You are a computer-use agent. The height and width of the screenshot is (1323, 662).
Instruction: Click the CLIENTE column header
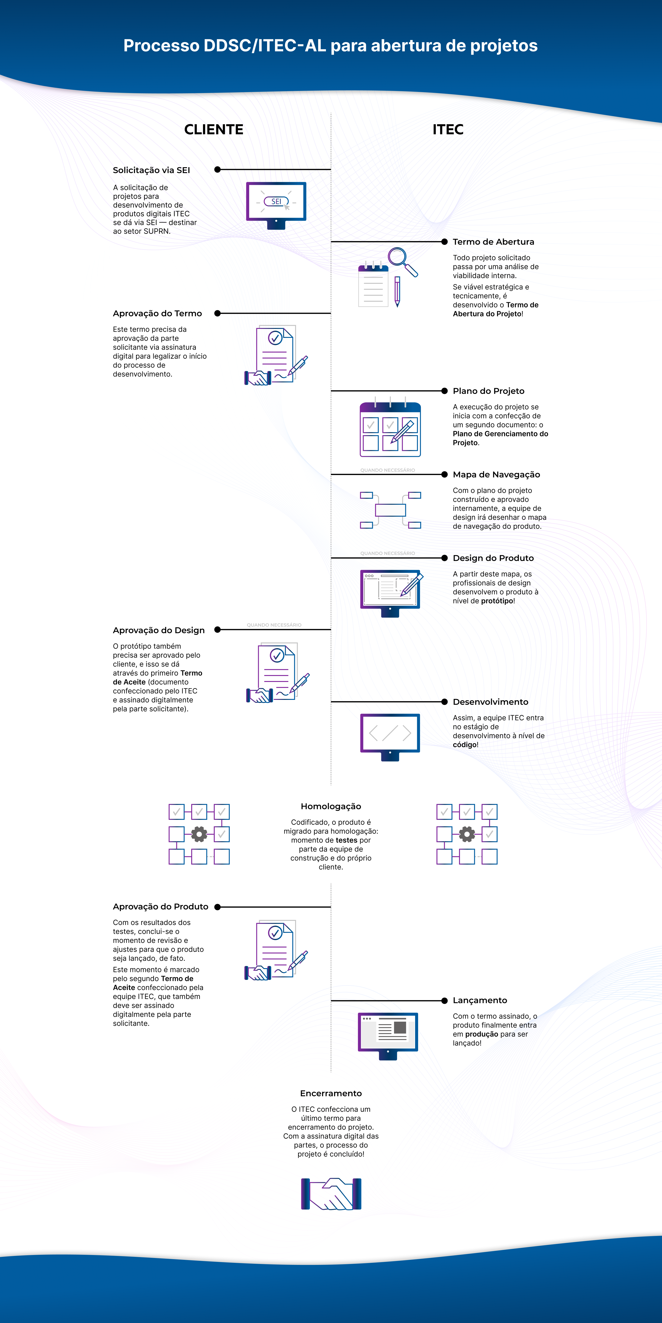214,129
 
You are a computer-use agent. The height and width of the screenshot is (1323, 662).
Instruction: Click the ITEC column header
448,129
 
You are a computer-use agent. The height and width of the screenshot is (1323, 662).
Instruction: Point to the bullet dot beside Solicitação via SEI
217,170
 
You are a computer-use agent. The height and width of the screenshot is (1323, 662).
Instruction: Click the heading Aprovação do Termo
157,313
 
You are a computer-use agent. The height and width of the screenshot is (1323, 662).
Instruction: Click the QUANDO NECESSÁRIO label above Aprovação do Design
274,625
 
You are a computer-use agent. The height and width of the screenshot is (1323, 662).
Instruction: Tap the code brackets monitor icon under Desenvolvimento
390,737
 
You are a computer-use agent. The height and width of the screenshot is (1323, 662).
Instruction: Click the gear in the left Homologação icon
199,834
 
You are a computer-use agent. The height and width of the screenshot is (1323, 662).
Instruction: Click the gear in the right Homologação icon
467,834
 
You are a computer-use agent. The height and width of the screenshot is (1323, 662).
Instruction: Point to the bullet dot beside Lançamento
445,1001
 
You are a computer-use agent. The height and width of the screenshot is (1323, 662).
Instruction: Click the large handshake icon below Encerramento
331,1194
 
